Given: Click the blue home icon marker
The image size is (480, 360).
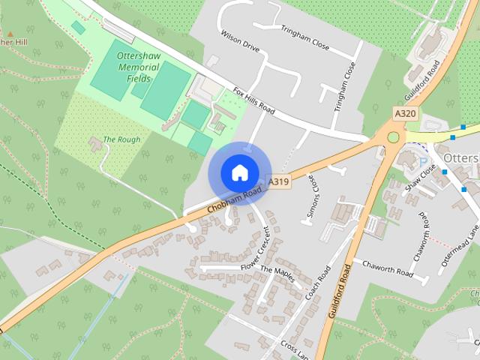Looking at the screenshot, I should [x=239, y=172].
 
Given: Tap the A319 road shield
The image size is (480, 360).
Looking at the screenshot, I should [x=279, y=181].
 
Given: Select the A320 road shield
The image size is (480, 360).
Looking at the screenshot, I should [x=405, y=113].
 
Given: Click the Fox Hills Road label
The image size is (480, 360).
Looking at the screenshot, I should [x=255, y=103].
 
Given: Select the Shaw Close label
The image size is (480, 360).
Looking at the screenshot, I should [x=420, y=178].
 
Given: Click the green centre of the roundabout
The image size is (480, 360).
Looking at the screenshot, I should [x=393, y=137].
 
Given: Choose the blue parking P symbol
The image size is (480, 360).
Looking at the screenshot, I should [x=423, y=163].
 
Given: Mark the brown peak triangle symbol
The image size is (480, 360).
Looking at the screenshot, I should [x=10, y=34].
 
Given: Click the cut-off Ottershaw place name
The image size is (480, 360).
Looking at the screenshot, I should [x=461, y=159].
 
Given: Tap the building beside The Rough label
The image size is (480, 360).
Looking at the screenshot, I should [x=95, y=140].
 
